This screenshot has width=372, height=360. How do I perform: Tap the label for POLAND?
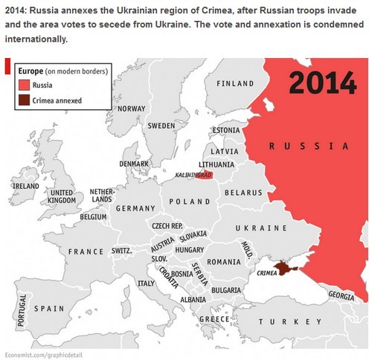190,202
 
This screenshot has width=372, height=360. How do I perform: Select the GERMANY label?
135,208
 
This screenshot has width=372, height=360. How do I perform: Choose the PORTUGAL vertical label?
22,309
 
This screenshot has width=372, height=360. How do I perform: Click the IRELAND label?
25,185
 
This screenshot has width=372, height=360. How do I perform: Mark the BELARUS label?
243,192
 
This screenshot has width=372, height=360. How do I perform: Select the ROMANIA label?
224,262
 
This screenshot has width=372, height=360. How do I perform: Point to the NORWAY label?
131,109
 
